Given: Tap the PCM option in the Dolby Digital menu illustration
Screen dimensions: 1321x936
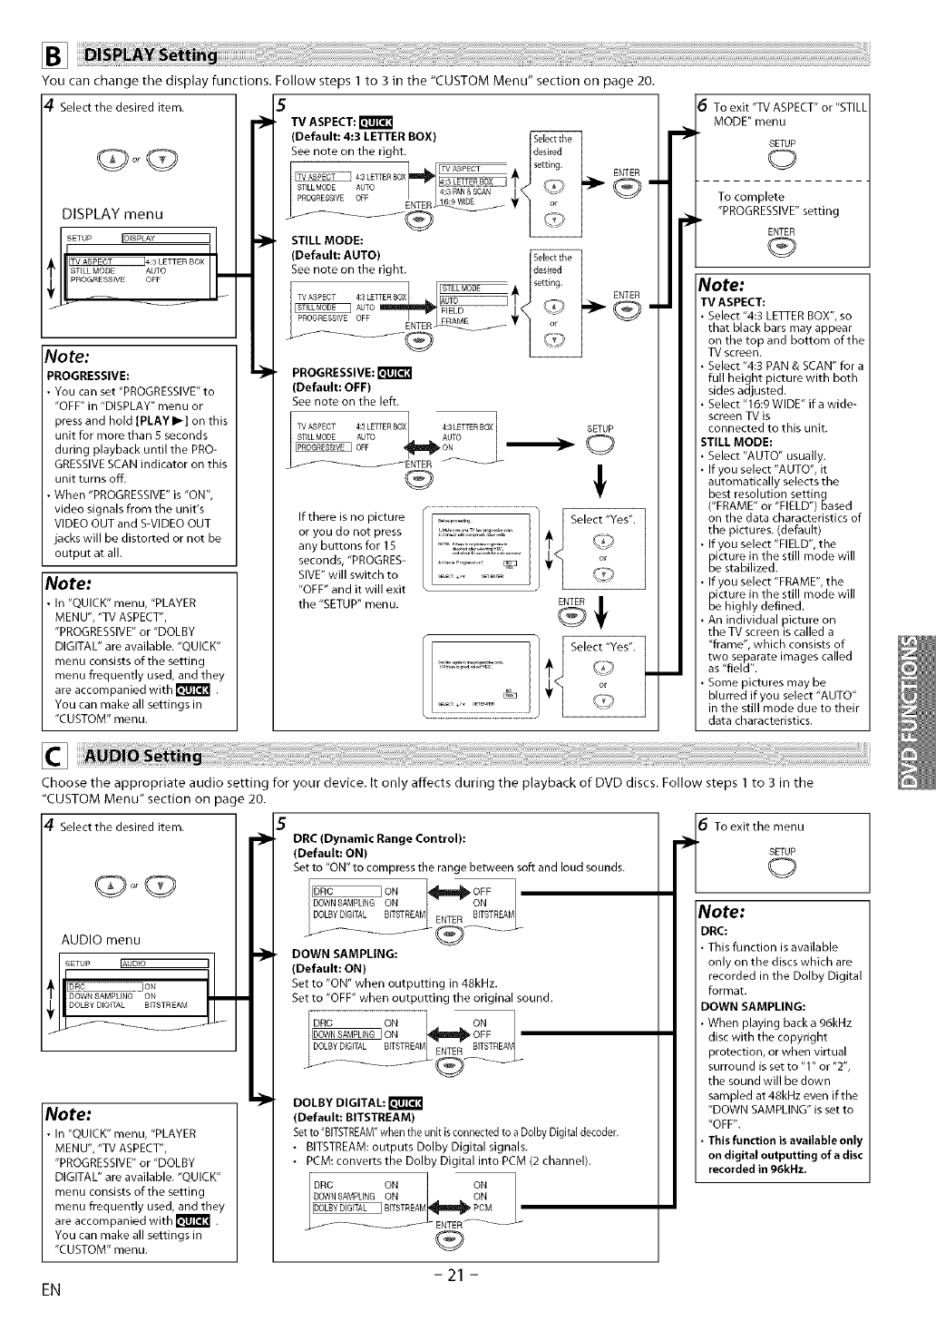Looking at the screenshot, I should [x=483, y=1208].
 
